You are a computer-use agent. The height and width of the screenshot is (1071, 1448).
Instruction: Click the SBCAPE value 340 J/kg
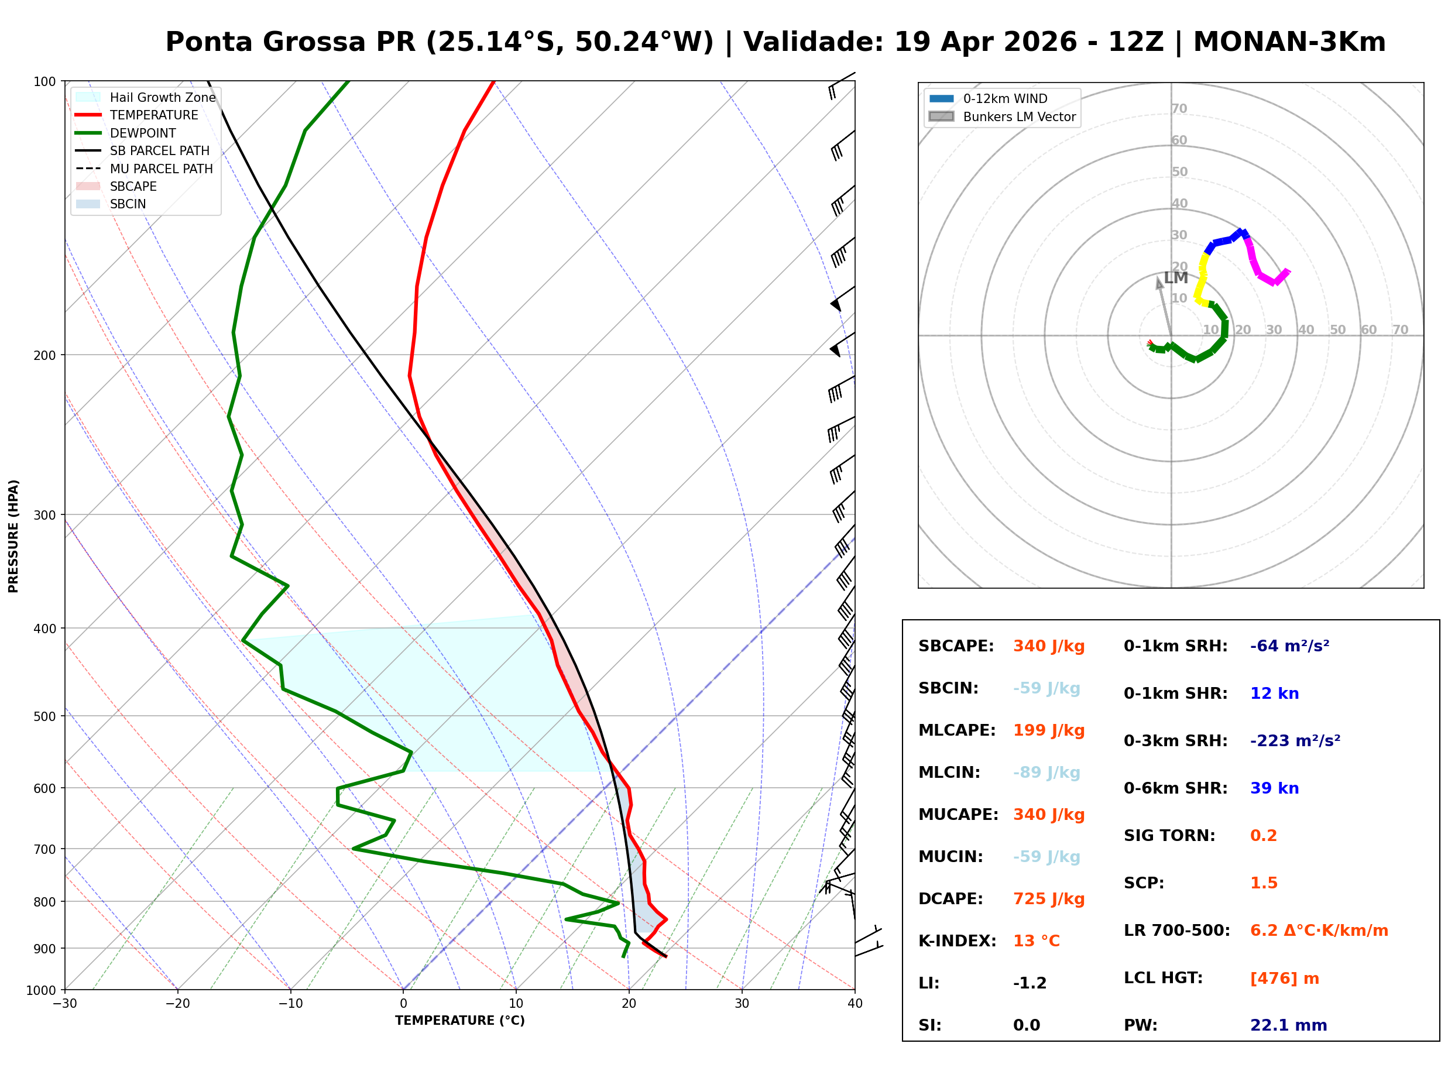1049,646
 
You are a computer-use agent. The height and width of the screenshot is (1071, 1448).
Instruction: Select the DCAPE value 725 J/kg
1049,899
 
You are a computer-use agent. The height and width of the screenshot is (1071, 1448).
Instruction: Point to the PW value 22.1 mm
1288,1025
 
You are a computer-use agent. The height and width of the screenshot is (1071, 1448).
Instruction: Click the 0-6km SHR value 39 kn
1274,788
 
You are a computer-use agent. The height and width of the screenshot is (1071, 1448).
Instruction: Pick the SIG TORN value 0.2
1262,836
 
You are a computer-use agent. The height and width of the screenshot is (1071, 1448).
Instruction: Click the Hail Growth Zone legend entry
162,97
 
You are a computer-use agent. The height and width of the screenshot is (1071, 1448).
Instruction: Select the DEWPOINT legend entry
143,133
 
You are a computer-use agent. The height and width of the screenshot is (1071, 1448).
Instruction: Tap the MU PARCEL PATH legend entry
161,169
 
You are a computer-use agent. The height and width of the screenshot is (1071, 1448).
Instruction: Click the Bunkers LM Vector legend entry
1019,116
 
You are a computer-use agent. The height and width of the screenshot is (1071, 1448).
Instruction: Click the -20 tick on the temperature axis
177,1004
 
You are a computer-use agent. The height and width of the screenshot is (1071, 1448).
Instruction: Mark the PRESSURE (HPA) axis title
13,535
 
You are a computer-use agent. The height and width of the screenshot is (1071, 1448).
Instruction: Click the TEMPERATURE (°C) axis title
459,1021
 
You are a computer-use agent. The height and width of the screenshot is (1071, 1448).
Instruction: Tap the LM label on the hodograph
1176,278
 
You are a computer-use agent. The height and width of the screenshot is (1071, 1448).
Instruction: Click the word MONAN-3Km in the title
1289,42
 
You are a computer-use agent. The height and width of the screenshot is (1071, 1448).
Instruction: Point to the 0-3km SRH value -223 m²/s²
1295,741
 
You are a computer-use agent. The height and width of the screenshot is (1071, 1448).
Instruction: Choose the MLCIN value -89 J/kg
1046,773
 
